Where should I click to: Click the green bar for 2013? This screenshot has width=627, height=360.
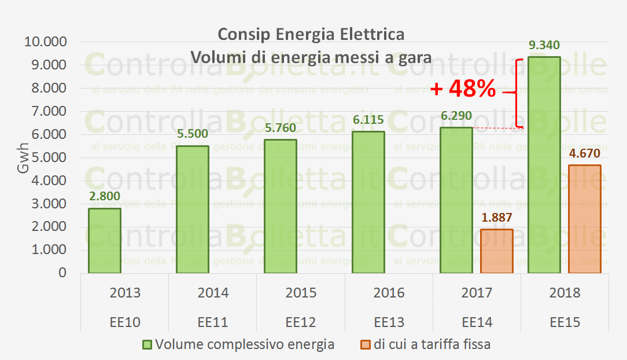click(105, 240)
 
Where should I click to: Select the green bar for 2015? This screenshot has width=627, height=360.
click(281, 206)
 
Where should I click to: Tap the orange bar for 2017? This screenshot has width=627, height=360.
click(497, 251)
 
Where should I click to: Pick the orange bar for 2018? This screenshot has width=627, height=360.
click(585, 219)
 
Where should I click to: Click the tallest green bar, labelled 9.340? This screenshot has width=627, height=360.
click(544, 165)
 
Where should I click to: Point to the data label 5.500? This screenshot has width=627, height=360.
click(192, 134)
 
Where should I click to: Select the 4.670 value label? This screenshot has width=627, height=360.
click(585, 154)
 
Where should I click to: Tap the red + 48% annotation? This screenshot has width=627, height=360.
click(463, 89)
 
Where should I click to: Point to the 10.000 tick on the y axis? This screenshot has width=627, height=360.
click(44, 42)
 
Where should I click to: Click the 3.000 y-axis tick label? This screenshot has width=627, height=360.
click(46, 204)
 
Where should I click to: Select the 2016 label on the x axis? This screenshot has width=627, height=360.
click(389, 293)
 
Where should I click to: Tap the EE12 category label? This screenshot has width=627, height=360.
click(301, 322)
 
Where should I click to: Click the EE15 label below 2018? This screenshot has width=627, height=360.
click(565, 322)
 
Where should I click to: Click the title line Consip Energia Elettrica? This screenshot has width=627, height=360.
click(311, 35)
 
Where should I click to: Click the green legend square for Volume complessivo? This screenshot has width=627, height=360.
click(147, 345)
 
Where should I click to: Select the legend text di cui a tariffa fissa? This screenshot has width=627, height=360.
click(432, 345)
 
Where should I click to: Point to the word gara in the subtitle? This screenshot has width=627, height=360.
click(416, 58)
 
